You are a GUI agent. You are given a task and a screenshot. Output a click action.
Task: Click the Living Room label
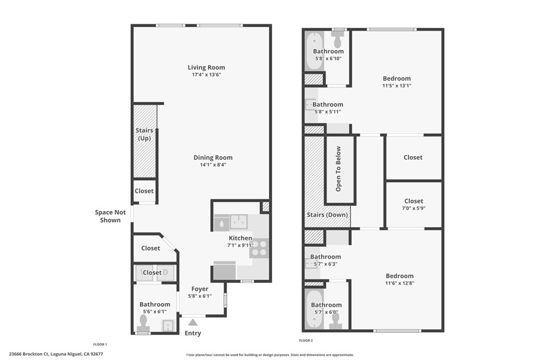pos(206,67)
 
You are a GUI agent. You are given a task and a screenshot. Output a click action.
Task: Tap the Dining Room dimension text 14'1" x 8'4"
pos(213,165)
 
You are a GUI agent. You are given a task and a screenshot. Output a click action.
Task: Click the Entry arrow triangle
pos(193,323)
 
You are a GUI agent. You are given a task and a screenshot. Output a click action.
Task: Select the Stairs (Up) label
pos(144,134)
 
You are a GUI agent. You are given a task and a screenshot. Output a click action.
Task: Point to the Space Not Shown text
pos(110,216)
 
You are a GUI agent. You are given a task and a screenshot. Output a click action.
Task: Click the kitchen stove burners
pos(259,248)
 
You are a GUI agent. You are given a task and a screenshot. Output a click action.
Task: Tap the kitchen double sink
pos(239,222)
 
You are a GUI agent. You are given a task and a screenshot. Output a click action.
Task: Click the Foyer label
pos(200,289)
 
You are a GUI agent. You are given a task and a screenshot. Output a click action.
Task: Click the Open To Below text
pos(338,169)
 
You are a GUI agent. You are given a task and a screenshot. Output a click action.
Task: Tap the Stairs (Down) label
pos(327,215)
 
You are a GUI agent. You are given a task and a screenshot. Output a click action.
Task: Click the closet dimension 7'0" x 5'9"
pos(413,208)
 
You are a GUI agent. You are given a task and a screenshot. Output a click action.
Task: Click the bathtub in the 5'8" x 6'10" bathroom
pos(313,52)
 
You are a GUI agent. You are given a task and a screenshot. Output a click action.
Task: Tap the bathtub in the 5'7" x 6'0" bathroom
pos(314,309)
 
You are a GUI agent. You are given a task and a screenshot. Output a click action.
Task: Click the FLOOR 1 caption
pos(100,344)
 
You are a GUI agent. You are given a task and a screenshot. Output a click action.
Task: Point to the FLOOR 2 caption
pos(306,340)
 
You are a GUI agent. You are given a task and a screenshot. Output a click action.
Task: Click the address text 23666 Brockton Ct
pos(29,354)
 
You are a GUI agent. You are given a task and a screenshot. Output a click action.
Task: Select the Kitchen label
pos(240,238)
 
